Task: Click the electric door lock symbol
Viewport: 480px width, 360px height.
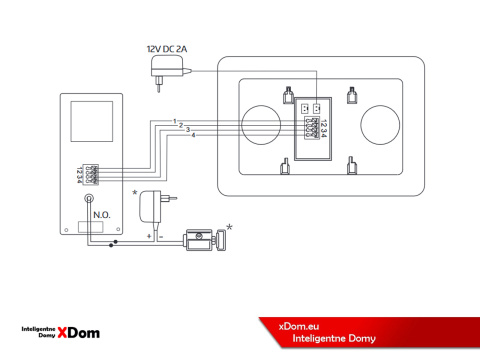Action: pos(204,241)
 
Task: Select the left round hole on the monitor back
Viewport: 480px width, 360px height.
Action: pos(263,124)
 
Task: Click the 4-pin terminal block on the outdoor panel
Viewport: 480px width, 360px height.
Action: pos(92,174)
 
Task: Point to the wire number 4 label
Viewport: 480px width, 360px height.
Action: pos(193,135)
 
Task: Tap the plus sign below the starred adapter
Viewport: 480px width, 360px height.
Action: pos(148,236)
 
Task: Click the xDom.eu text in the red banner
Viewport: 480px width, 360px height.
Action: pos(299,324)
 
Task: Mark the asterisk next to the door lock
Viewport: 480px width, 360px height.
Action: pos(230,228)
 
